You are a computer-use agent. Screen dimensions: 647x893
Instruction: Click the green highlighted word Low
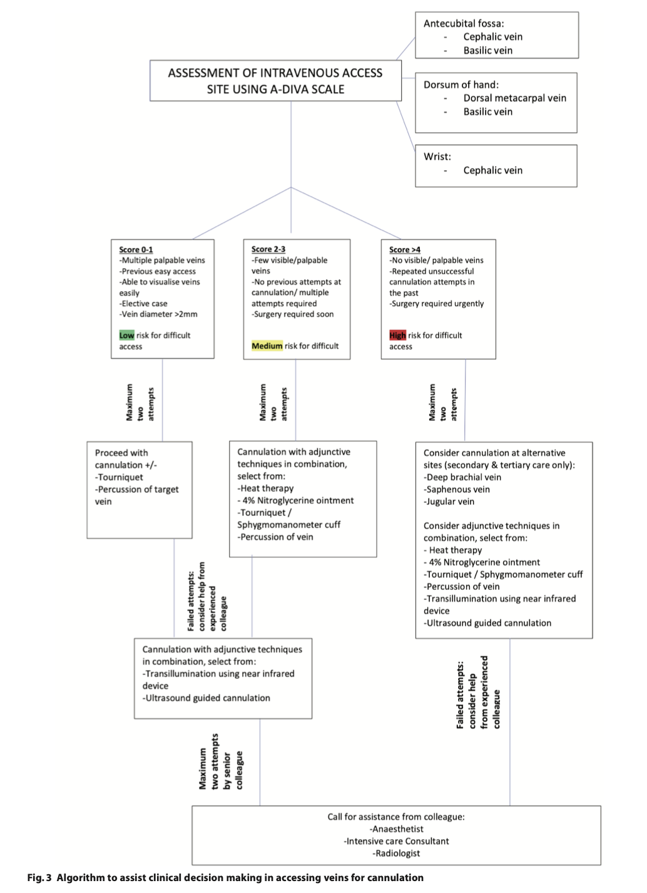[126, 335]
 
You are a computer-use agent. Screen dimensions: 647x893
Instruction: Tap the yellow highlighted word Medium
[267, 346]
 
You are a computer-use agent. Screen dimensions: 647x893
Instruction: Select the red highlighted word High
[397, 335]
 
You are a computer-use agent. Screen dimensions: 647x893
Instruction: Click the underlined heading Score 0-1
[136, 250]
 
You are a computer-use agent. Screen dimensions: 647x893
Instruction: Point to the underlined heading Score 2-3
[268, 249]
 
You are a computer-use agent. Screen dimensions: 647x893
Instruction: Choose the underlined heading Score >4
[405, 250]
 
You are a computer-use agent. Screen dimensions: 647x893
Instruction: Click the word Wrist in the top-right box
[437, 157]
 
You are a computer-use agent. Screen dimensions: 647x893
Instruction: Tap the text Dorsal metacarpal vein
[515, 98]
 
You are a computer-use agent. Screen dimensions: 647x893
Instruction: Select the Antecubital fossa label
[464, 24]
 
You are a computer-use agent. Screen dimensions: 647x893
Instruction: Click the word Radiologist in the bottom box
[397, 853]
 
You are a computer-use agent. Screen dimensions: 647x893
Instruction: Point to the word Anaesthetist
[397, 829]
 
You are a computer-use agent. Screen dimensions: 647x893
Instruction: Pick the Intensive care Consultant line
[397, 841]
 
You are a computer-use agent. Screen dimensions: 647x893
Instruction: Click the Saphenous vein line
[457, 489]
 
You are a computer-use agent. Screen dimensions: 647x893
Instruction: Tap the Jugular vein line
[449, 502]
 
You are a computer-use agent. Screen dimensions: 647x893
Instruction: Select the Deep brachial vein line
[462, 477]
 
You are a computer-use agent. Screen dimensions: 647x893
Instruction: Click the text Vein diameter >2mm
[158, 314]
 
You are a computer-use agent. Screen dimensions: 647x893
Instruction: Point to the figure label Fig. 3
[39, 877]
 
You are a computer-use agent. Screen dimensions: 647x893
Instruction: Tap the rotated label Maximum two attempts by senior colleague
[221, 761]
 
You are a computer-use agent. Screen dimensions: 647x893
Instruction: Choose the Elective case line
[143, 303]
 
